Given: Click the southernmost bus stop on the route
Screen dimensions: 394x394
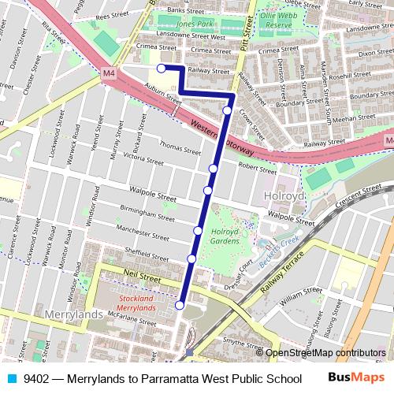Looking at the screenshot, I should click(180, 305).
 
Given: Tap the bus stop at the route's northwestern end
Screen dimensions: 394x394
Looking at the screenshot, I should click(161, 69).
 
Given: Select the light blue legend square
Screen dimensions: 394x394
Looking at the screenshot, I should click(10, 378).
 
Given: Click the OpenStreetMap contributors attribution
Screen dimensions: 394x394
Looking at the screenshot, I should click(325, 353).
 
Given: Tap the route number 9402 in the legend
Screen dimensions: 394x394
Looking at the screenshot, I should click(38, 378).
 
